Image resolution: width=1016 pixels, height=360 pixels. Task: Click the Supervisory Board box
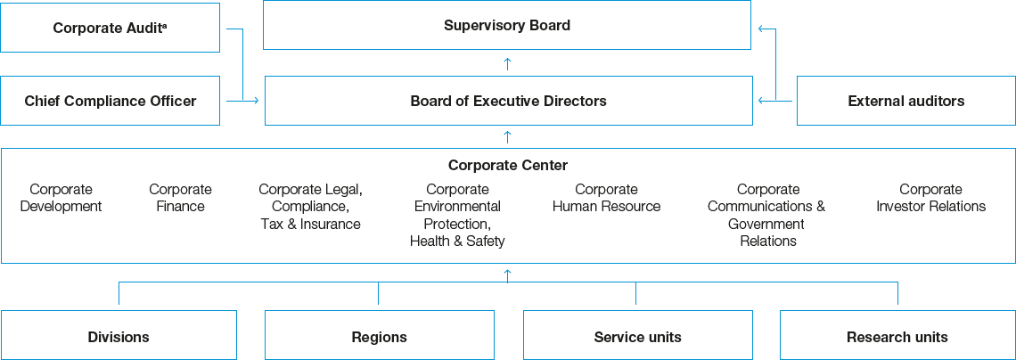(507, 25)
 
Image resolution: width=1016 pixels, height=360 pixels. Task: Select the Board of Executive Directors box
(508, 101)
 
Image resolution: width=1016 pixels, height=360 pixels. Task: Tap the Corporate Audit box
(110, 28)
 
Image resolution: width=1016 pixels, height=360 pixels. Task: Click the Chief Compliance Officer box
(110, 101)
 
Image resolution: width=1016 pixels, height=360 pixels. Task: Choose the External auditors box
(905, 101)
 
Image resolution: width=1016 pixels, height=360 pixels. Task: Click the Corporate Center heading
(507, 165)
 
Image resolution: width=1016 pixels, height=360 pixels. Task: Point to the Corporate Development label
(61, 198)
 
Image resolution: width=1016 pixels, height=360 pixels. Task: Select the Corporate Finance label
(180, 198)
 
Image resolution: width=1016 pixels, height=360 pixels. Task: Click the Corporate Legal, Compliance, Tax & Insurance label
(310, 207)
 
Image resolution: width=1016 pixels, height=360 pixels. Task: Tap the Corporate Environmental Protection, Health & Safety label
(457, 215)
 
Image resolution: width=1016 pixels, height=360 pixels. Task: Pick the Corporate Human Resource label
(606, 198)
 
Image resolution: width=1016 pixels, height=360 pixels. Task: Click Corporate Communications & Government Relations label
(766, 215)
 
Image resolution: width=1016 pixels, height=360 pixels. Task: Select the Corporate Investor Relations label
(930, 198)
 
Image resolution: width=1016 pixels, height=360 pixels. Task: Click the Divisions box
(119, 337)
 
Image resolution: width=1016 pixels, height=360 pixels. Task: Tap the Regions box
(379, 337)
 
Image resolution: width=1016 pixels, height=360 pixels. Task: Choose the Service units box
(637, 337)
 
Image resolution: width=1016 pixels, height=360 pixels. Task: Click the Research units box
(897, 337)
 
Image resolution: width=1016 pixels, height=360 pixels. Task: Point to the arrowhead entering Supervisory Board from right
(760, 29)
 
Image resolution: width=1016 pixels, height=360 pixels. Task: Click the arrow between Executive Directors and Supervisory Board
(507, 62)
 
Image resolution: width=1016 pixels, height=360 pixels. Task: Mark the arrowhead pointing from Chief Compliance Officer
(256, 101)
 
